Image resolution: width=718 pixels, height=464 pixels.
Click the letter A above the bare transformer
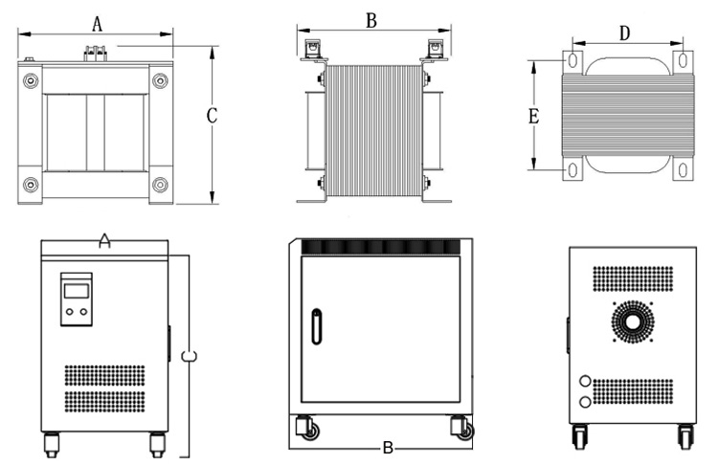tap(97, 24)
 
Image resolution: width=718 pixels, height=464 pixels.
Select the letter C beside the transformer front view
tap(213, 116)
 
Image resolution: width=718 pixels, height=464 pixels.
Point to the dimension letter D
tap(624, 33)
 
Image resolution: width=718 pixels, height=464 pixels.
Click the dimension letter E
tap(534, 117)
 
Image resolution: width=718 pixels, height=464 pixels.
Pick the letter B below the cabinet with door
tap(388, 448)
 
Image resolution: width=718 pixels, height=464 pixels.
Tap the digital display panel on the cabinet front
tap(76, 299)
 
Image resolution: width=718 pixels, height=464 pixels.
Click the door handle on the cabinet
tap(317, 325)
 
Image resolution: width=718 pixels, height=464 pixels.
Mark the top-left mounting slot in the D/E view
tap(572, 60)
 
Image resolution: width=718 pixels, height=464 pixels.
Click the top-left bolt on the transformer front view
tap(32, 81)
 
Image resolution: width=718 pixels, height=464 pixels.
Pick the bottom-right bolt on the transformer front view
tap(159, 184)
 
